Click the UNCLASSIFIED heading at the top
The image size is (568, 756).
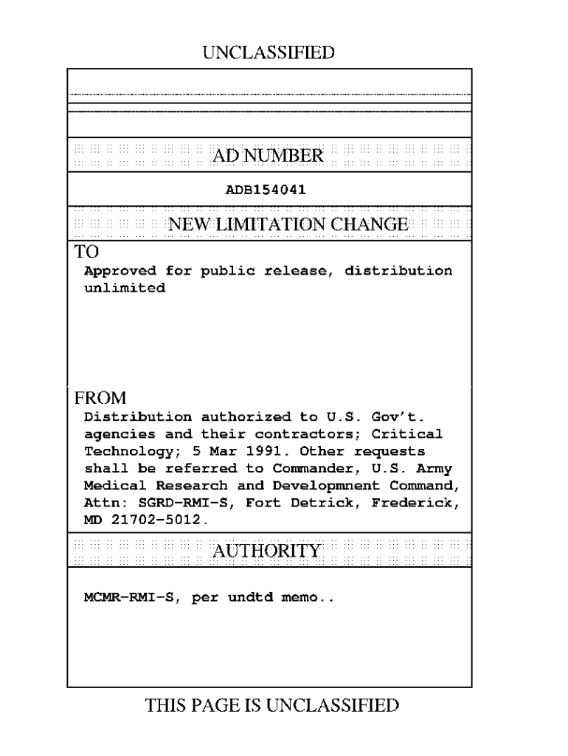tap(268, 52)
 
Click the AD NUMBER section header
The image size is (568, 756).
tap(268, 156)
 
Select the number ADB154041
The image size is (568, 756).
tap(266, 190)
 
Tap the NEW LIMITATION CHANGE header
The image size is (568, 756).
tap(288, 224)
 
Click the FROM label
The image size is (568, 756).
tap(100, 398)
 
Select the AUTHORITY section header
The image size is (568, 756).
tap(267, 551)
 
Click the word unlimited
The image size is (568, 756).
tap(125, 289)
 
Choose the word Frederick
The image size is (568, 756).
tap(417, 504)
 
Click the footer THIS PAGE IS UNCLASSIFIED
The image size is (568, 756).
tap(272, 706)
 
